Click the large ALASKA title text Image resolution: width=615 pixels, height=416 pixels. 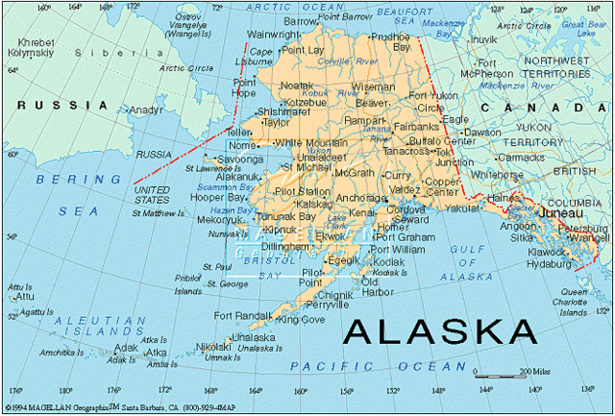440,330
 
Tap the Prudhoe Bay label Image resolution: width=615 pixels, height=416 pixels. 390,41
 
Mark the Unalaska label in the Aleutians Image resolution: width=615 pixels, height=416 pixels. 253,337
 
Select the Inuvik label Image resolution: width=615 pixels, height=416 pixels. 483,39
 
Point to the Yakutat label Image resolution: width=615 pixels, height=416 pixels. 462,208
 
